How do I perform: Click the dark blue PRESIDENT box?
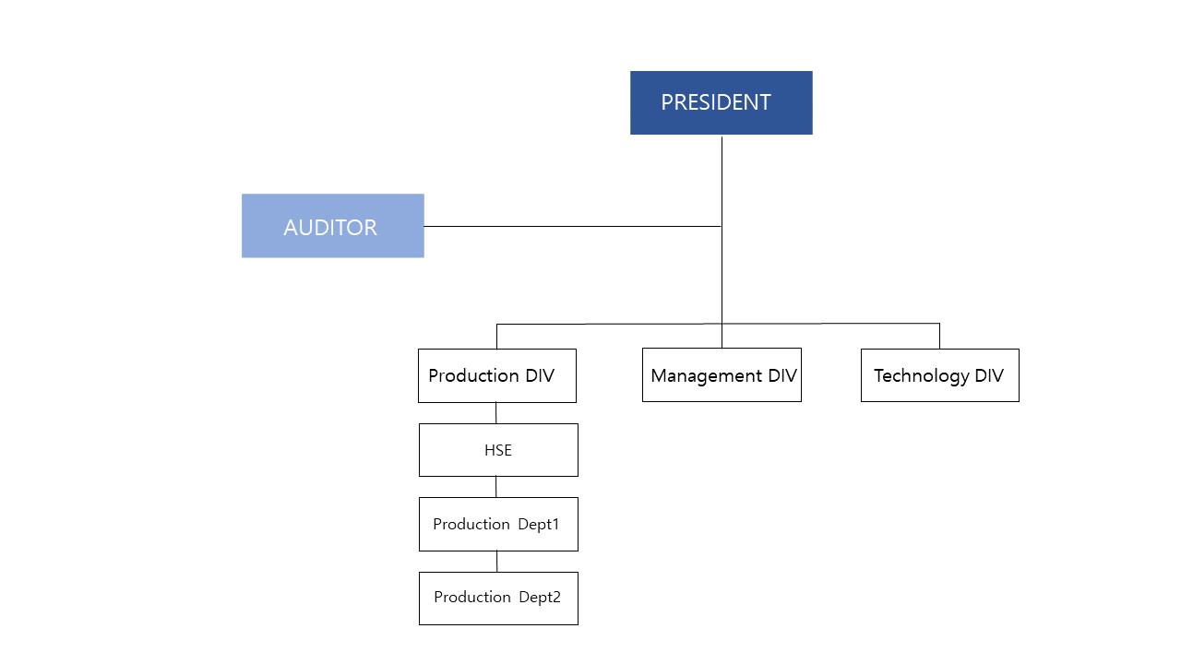pyautogui.click(x=721, y=102)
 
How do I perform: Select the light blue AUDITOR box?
pyautogui.click(x=332, y=225)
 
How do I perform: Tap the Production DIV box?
pyautogui.click(x=496, y=375)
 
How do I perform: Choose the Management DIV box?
pyautogui.click(x=722, y=374)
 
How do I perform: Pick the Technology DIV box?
pyautogui.click(x=939, y=375)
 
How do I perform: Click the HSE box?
pyautogui.click(x=498, y=450)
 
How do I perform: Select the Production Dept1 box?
pyautogui.click(x=498, y=524)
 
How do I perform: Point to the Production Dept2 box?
pyautogui.click(x=498, y=598)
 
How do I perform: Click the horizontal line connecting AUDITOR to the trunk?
pyautogui.click(x=572, y=226)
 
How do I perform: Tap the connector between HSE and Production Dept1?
pyautogui.click(x=496, y=487)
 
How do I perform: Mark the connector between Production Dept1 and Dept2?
pyautogui.click(x=497, y=561)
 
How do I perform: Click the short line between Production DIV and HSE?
pyautogui.click(x=496, y=413)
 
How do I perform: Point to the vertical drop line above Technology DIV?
pyautogui.click(x=939, y=336)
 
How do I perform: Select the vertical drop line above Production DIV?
pyautogui.click(x=496, y=336)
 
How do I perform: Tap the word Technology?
pyautogui.click(x=921, y=376)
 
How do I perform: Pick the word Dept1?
pyautogui.click(x=539, y=524)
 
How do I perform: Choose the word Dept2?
pyautogui.click(x=540, y=598)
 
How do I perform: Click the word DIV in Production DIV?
pyautogui.click(x=539, y=375)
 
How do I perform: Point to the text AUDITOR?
pyautogui.click(x=330, y=228)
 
